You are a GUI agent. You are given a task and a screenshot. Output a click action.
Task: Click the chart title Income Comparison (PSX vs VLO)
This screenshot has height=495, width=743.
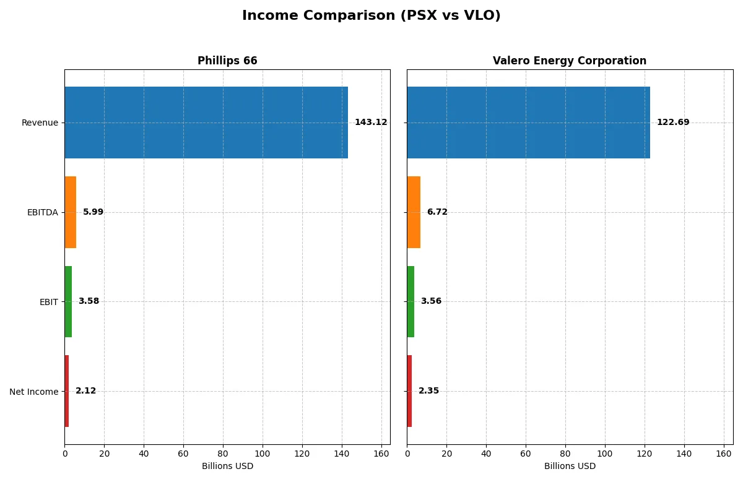pyautogui.click(x=371, y=15)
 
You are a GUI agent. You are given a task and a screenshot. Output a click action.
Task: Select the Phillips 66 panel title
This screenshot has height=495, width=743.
pyautogui.click(x=227, y=61)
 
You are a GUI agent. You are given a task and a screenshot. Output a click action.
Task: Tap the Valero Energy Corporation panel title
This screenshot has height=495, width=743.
pyautogui.click(x=569, y=61)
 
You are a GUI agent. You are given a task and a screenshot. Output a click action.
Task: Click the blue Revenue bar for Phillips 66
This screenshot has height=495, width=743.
pyautogui.click(x=206, y=123)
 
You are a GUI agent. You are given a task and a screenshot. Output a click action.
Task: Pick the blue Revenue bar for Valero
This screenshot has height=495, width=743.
pyautogui.click(x=528, y=123)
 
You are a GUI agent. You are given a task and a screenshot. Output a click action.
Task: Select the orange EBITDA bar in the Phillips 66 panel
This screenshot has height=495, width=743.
pyautogui.click(x=71, y=212)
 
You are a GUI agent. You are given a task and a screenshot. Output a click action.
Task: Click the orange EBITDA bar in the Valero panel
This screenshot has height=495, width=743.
pyautogui.click(x=414, y=212)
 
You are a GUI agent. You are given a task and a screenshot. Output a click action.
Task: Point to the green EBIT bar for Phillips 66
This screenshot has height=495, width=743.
pyautogui.click(x=68, y=302)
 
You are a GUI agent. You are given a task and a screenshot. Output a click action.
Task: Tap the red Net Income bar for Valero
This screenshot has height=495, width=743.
pyautogui.click(x=409, y=391)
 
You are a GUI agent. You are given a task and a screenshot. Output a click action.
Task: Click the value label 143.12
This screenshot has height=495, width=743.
pyautogui.click(x=370, y=123)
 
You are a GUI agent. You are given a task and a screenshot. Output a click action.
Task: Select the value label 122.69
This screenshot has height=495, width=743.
pyautogui.click(x=672, y=123)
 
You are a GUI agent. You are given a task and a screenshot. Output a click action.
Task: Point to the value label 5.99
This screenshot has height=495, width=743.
pyautogui.click(x=93, y=212)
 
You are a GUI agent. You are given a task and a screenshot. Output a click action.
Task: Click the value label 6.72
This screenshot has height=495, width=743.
pyautogui.click(x=437, y=212)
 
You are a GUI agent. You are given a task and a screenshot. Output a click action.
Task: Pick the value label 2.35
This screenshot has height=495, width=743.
pyautogui.click(x=428, y=391)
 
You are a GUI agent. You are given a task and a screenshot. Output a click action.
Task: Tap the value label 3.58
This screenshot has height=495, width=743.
pyautogui.click(x=89, y=301)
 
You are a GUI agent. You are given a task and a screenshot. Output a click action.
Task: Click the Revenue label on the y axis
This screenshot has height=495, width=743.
pyautogui.click(x=40, y=123)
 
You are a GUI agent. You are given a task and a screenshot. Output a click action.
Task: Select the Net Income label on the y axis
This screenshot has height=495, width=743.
pyautogui.click(x=33, y=392)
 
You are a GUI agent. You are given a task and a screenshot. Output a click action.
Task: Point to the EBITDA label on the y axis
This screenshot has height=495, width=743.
pyautogui.click(x=42, y=212)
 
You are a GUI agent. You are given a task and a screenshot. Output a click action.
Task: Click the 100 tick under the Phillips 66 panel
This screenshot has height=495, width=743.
pyautogui.click(x=263, y=454)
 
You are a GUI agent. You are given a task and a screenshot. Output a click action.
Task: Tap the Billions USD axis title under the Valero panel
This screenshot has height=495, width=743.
pyautogui.click(x=570, y=467)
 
